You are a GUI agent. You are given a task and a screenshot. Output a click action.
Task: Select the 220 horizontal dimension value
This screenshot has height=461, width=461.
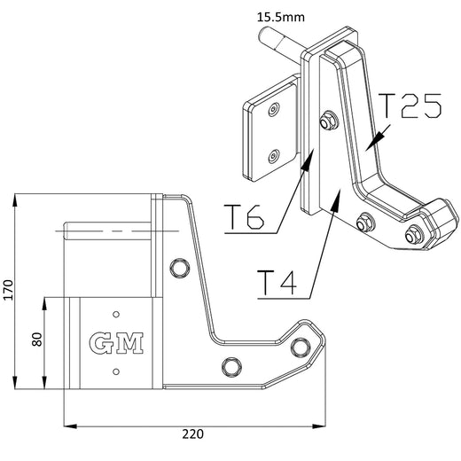coord(194,434)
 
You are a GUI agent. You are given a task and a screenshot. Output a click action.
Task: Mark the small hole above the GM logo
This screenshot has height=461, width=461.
coord(116,311)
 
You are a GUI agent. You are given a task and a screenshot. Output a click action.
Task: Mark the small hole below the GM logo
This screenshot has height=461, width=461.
coord(116,371)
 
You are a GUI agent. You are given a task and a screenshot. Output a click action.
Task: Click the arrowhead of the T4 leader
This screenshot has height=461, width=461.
coord(334,199)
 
